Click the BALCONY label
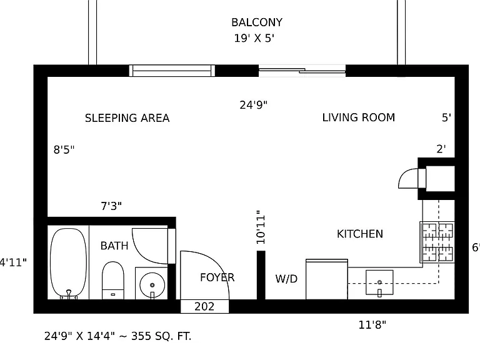(x=256, y=22)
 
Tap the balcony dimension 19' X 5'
(x=254, y=38)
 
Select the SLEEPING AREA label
(x=127, y=118)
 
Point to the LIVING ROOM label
(x=359, y=117)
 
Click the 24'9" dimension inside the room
(x=254, y=105)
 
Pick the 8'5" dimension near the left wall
(x=64, y=149)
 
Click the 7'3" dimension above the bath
(x=111, y=206)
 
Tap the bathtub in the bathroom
(x=68, y=263)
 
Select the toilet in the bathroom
(x=113, y=280)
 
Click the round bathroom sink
(x=152, y=285)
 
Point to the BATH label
(x=114, y=246)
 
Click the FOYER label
(x=217, y=277)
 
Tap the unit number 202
(x=204, y=306)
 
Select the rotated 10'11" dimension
(x=261, y=227)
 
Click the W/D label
(x=286, y=279)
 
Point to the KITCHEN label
(x=360, y=234)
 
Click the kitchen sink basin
(x=379, y=282)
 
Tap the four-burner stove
(x=437, y=242)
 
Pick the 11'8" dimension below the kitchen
(x=372, y=324)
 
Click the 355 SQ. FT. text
(x=161, y=336)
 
